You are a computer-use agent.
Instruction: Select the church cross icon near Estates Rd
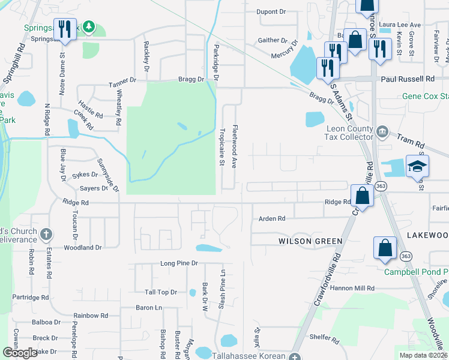47,233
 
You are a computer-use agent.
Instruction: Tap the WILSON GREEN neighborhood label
310,241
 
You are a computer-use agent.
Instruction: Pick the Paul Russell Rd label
407,79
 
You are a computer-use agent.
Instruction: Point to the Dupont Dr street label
271,11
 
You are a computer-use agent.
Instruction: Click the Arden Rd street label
271,219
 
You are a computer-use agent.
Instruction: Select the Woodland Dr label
82,247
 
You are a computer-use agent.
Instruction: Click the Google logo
20,353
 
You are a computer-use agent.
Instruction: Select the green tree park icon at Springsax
89,26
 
